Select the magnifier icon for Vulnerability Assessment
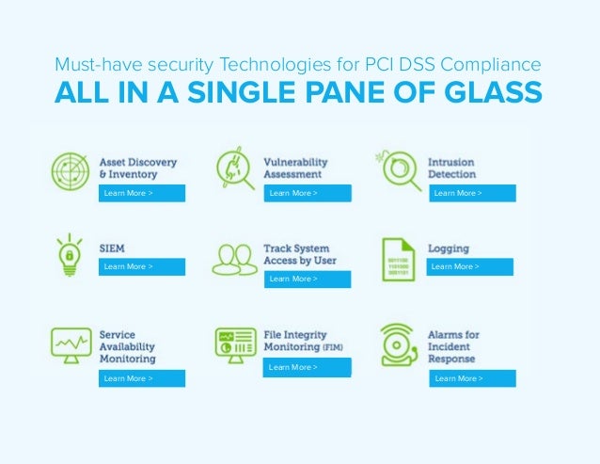point(235,168)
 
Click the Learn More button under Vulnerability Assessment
point(307,194)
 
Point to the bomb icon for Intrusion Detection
point(397,168)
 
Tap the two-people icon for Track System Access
point(234,259)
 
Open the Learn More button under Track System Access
point(307,280)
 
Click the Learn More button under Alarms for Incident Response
point(473,378)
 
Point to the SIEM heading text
point(113,248)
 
